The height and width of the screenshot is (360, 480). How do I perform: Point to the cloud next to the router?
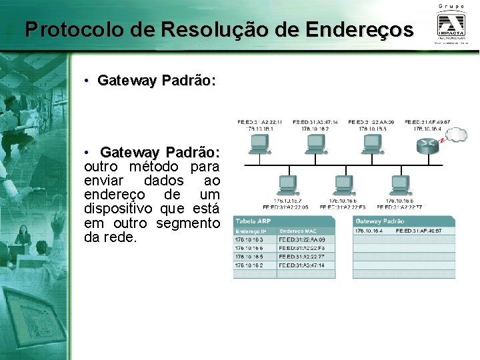(x=456, y=135)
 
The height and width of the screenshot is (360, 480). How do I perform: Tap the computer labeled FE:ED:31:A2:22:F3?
(x=343, y=184)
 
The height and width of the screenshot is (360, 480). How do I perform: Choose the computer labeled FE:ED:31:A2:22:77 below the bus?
(x=400, y=184)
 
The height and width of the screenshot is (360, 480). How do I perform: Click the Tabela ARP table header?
(x=253, y=221)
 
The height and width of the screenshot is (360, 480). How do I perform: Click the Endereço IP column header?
(x=249, y=231)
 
